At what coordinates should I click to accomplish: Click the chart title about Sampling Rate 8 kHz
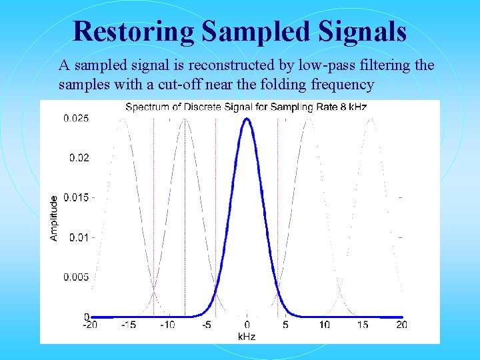pos(246,107)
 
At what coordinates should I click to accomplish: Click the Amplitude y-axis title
pos(54,217)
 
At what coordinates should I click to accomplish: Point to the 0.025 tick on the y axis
pos(75,119)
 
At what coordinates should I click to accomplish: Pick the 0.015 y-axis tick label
pos(75,198)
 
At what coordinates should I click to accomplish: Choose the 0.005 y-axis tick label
pos(75,277)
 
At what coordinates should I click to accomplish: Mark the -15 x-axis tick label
pos(129,325)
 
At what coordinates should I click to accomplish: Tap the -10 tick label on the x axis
pos(168,325)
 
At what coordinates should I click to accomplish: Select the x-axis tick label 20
pos(401,325)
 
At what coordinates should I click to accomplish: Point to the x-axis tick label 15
pos(363,325)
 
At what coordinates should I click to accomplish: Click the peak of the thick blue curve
pos(247,119)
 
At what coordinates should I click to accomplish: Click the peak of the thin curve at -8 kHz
pos(185,119)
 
